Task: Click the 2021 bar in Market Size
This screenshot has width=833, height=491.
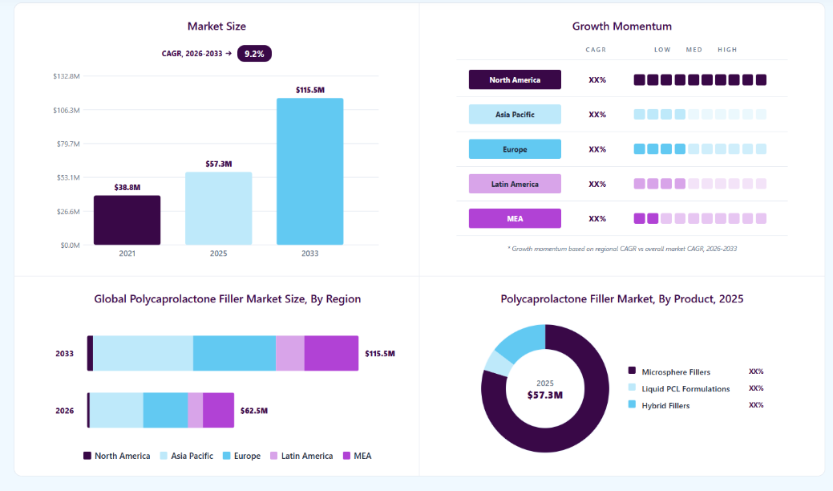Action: pyautogui.click(x=127, y=220)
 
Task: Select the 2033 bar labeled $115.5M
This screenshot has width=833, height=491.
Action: pyautogui.click(x=309, y=172)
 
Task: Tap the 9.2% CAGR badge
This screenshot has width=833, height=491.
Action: pyautogui.click(x=254, y=54)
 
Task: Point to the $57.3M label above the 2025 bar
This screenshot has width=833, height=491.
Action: pyautogui.click(x=219, y=164)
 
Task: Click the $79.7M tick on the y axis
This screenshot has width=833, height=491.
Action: pyautogui.click(x=68, y=144)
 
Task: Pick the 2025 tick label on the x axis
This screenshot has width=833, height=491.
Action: pyautogui.click(x=218, y=254)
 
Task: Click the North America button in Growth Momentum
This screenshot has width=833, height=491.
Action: pyautogui.click(x=515, y=79)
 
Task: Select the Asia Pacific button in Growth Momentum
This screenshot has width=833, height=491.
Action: pyautogui.click(x=515, y=114)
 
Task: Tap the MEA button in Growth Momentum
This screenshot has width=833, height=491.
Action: pyautogui.click(x=515, y=218)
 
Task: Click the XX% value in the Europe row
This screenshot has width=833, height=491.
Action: pyautogui.click(x=597, y=149)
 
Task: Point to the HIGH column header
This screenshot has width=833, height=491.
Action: pyautogui.click(x=727, y=50)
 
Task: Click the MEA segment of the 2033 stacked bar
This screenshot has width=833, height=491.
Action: pyautogui.click(x=331, y=353)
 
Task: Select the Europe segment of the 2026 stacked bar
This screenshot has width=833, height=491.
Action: pyautogui.click(x=166, y=410)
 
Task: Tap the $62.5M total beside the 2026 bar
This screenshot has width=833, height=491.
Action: pyautogui.click(x=254, y=411)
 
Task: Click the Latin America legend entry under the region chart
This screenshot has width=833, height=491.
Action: pyautogui.click(x=301, y=456)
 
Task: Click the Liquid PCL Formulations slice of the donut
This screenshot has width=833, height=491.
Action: pyautogui.click(x=498, y=363)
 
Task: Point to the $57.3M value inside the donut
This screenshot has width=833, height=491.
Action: pyautogui.click(x=545, y=395)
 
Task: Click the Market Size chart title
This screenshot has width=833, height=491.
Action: pyautogui.click(x=216, y=26)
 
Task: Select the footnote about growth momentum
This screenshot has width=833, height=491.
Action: pyautogui.click(x=622, y=249)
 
